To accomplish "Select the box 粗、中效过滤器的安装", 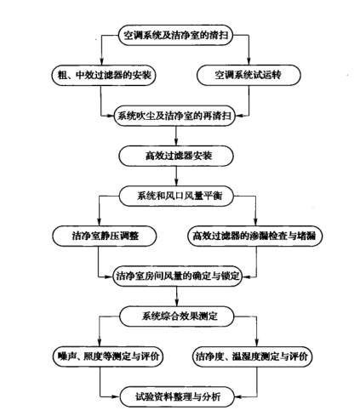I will click(100, 75).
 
